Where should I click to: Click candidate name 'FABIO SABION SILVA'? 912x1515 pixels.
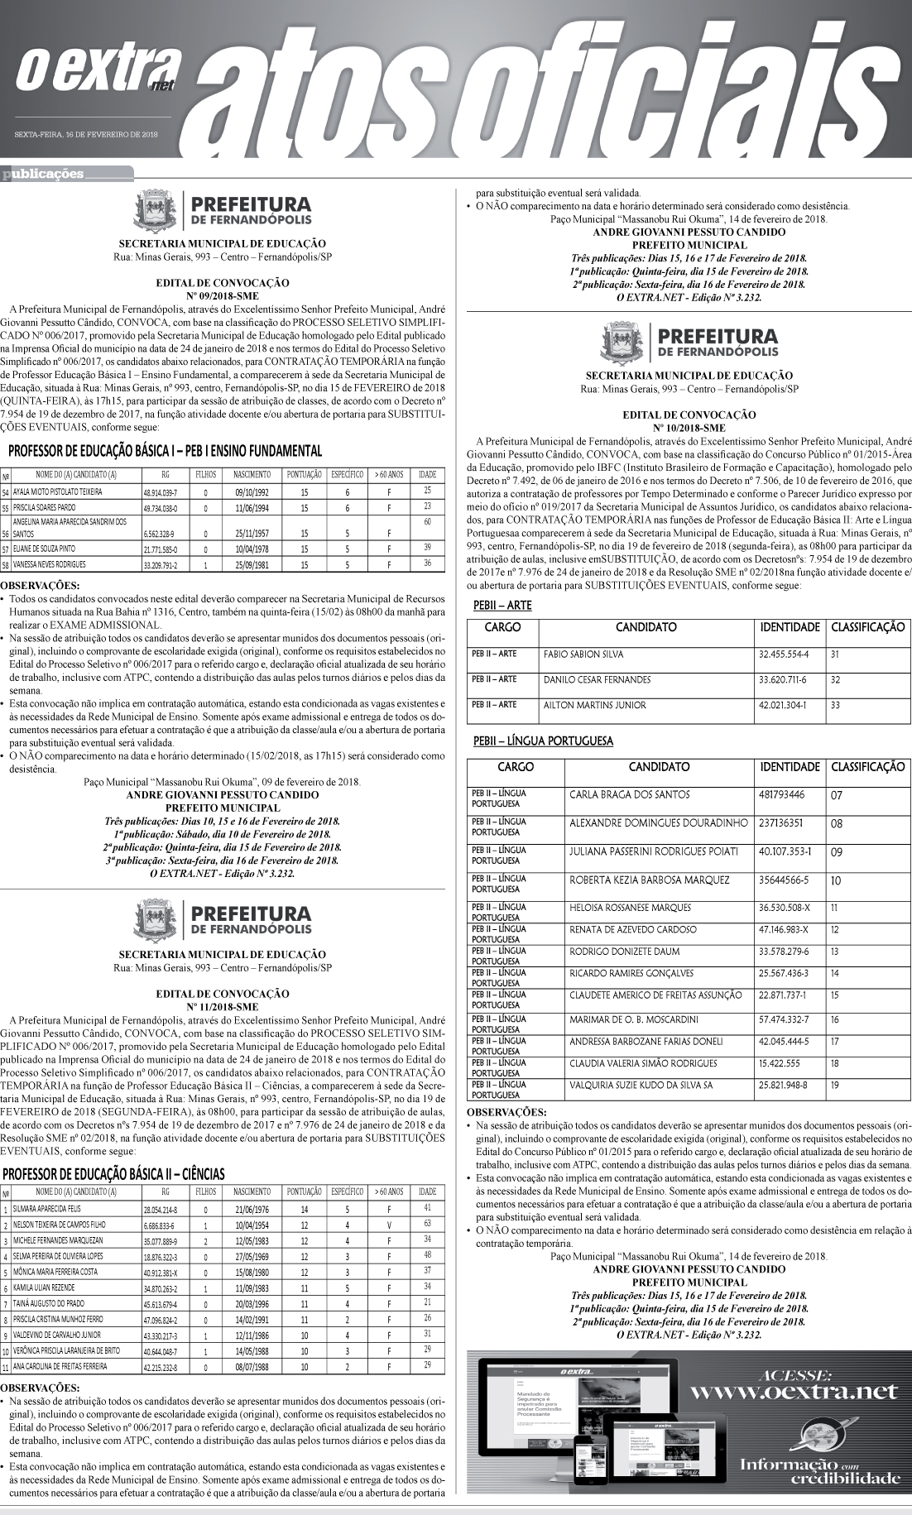[583, 654]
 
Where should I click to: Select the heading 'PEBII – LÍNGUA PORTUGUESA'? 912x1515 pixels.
[543, 741]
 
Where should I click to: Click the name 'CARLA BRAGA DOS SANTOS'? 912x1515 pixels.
[629, 794]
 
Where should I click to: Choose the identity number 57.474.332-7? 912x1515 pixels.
[784, 1019]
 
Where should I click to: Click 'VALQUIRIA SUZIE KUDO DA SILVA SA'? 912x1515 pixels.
[641, 1084]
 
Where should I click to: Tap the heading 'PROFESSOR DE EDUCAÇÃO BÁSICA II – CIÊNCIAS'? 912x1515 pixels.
[113, 1173]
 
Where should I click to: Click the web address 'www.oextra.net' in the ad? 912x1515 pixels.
[793, 1391]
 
